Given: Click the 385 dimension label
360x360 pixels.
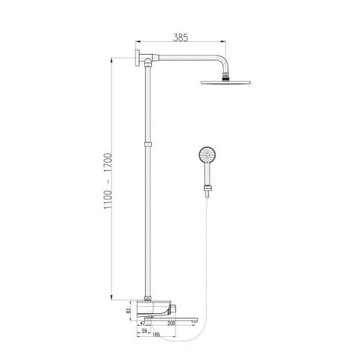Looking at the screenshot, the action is point(181,37).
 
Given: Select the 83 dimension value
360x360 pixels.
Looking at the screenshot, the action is point(128,310).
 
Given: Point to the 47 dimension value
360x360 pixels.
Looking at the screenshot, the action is point(142,323).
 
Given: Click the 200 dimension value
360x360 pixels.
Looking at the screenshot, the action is point(171,323).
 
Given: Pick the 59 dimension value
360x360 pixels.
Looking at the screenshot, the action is point(144,330).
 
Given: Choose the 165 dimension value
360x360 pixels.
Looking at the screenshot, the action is point(156,335).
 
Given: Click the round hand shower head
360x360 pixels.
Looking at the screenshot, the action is point(207,154).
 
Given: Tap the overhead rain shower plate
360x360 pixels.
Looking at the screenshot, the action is point(225,83).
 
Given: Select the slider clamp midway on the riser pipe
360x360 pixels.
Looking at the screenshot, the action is point(148,144).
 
